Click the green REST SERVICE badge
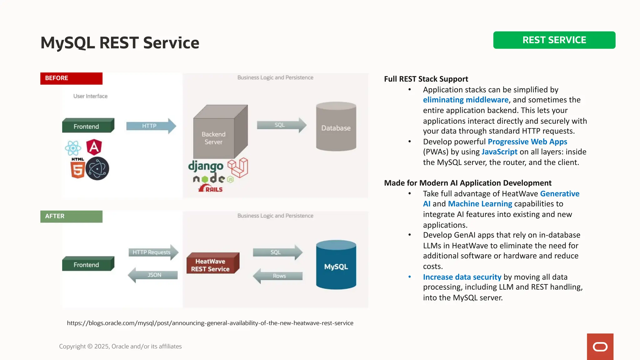(554, 40)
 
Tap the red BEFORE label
(71, 78)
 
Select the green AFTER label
(71, 216)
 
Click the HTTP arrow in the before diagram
(151, 126)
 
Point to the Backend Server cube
(219, 133)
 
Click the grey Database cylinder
(336, 127)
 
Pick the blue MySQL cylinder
(336, 266)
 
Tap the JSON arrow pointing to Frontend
(153, 275)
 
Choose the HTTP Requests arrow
(153, 252)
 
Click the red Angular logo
(94, 147)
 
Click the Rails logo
(211, 189)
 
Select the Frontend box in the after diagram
(88, 264)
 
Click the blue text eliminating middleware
(466, 100)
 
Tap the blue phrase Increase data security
(462, 277)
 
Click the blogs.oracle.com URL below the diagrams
(210, 323)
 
